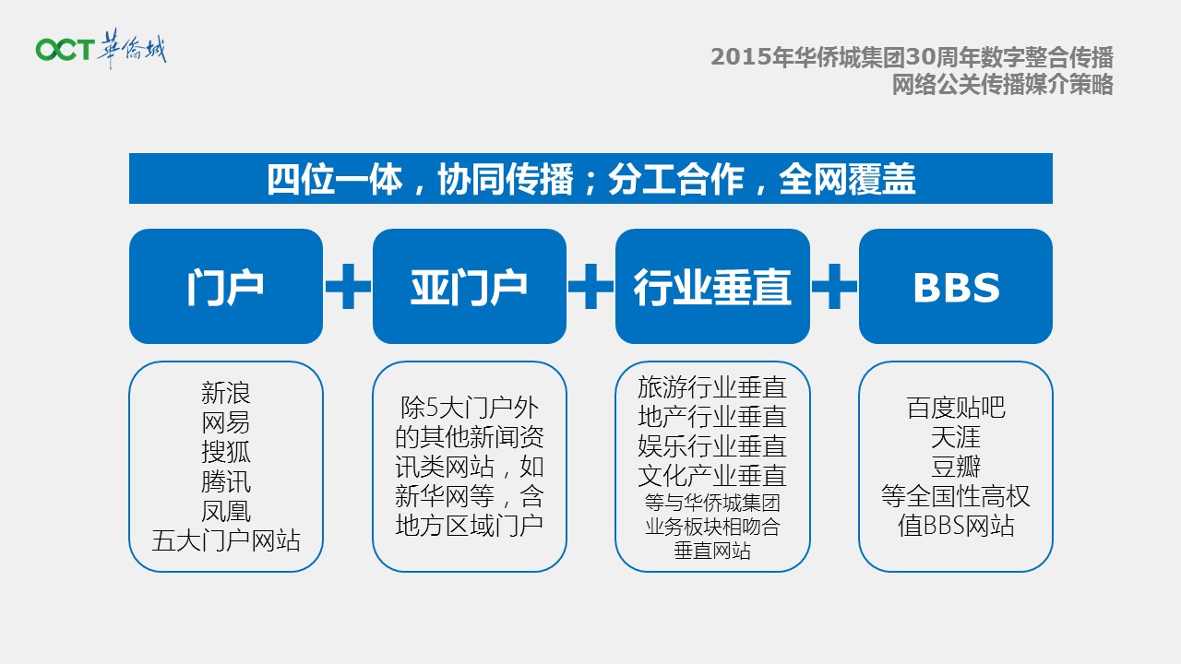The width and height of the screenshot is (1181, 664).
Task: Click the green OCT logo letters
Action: (65, 49)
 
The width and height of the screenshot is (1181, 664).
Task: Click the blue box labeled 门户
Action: (226, 286)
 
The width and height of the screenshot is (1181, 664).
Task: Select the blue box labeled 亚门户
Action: (470, 286)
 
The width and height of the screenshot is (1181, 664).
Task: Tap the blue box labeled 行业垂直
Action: (712, 286)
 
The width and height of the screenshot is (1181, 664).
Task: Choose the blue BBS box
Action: (956, 286)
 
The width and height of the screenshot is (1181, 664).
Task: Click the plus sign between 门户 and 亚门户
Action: (348, 286)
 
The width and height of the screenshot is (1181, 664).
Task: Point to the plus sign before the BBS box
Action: (834, 286)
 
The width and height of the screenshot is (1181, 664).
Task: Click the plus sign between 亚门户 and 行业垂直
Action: (590, 286)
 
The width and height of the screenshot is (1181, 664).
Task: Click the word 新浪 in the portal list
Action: (226, 393)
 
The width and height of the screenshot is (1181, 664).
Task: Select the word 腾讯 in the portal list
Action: (226, 481)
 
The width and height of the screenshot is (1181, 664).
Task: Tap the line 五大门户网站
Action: (226, 540)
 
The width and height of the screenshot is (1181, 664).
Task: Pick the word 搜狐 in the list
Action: (226, 452)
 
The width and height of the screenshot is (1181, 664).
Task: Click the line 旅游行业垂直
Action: (712, 387)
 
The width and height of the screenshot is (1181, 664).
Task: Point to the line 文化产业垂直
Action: (712, 476)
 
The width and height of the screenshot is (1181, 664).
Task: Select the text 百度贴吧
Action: (956, 408)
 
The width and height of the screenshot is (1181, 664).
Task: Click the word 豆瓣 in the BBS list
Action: (956, 467)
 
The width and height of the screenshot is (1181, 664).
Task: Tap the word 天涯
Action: (956, 437)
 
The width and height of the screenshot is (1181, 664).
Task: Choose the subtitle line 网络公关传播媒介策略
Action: (1002, 84)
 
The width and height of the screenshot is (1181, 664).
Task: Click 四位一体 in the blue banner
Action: (334, 179)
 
